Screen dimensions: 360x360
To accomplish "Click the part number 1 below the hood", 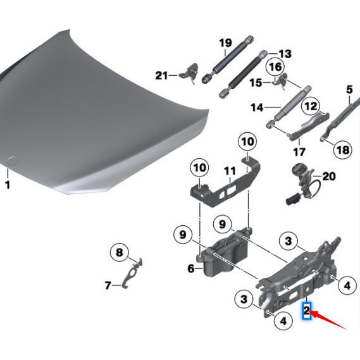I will point(8,185).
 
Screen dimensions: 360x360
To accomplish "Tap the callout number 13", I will point(267,54).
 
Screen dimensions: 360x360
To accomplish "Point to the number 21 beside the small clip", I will point(162,76).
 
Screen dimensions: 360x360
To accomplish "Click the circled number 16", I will point(275,66).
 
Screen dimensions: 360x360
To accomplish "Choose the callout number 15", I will point(256,82).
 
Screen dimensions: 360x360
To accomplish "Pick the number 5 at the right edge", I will point(349,89).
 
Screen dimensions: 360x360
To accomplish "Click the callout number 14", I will point(256,108).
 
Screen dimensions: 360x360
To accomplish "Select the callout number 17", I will point(299,152).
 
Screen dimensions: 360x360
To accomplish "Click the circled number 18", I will point(342,150).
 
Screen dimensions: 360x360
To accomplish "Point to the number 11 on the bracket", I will point(229,171).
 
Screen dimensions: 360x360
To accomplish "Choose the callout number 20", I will point(329,177).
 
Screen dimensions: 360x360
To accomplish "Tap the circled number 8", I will point(118,253).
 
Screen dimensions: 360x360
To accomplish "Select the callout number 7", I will point(108,286).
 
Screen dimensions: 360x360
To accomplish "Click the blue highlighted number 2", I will point(307,311).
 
